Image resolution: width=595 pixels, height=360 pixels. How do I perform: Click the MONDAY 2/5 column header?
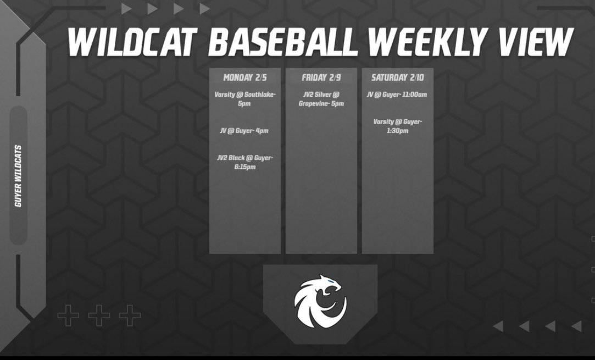244,77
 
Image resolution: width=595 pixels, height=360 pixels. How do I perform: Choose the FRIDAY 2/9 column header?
321,77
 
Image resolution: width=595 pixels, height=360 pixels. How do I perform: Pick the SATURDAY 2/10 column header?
397,77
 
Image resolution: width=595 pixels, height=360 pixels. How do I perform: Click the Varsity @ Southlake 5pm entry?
244,99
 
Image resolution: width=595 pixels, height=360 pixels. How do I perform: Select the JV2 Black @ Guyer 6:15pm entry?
244,162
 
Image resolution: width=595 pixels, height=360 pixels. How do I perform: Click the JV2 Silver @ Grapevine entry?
321,99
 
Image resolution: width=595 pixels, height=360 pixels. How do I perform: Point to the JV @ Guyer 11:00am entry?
397,95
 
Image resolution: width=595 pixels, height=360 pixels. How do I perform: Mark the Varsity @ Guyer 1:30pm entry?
397,126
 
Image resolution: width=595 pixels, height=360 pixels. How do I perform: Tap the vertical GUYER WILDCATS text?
18,176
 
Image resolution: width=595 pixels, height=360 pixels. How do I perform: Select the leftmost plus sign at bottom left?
68,315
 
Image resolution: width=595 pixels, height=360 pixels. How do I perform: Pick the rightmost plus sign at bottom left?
130,315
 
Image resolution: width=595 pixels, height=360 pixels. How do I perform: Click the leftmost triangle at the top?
126,9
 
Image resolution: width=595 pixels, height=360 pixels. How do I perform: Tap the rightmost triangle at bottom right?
576,326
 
